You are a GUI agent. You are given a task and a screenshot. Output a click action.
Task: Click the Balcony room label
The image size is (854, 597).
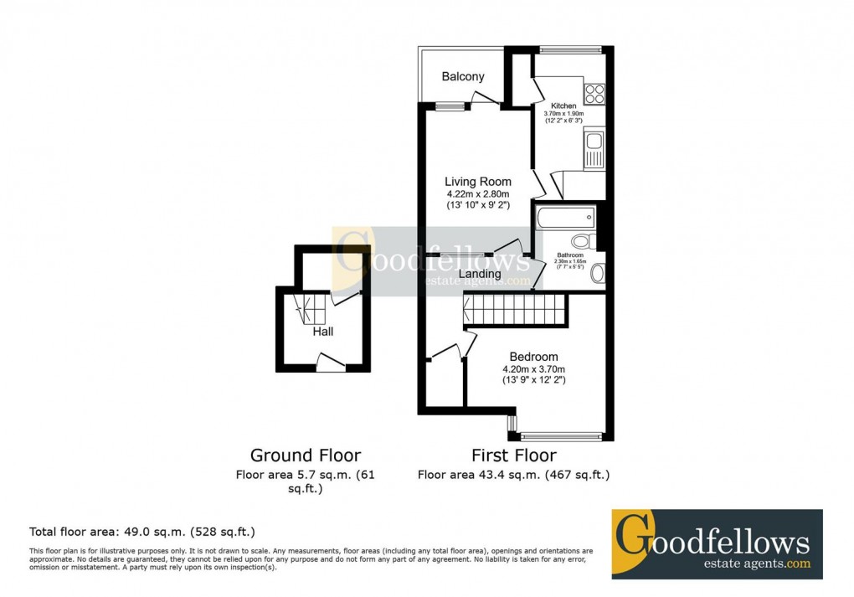pyautogui.click(x=463, y=77)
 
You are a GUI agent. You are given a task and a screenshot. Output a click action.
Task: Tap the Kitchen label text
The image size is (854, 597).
pyautogui.click(x=563, y=106)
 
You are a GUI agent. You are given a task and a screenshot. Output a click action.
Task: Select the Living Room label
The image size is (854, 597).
pyautogui.click(x=477, y=182)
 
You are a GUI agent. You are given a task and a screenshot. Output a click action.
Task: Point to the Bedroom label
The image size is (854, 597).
pyautogui.click(x=533, y=357)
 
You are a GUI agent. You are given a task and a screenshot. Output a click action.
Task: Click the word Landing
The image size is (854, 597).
pyautogui.click(x=480, y=274)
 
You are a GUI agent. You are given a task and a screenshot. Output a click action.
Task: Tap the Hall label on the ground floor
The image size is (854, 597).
pyautogui.click(x=323, y=332)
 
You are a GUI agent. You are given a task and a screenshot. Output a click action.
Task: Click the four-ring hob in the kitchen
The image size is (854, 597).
pyautogui.click(x=594, y=93)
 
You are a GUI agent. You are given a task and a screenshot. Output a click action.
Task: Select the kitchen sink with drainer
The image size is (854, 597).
pyautogui.click(x=594, y=150)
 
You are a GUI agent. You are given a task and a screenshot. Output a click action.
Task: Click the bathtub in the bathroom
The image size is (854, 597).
pyautogui.click(x=566, y=219)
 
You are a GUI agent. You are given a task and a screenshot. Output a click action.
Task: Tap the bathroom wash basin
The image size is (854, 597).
pyautogui.click(x=596, y=273)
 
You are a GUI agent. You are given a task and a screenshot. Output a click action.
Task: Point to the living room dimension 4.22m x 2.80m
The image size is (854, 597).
pyautogui.click(x=477, y=194)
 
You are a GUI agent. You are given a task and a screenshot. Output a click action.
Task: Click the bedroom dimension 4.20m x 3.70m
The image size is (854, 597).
pyautogui.click(x=533, y=369)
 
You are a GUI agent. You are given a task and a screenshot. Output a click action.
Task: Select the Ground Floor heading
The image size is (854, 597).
pyautogui.click(x=306, y=455)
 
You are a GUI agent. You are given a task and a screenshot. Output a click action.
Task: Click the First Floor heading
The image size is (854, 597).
pyautogui.click(x=514, y=455)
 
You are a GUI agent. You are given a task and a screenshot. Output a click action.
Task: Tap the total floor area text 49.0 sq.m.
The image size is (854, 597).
pyautogui.click(x=142, y=532)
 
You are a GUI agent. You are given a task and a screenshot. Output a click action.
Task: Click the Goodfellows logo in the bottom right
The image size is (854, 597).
pyautogui.click(x=717, y=543)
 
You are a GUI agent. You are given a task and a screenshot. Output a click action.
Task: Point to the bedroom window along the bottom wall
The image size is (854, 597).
pyautogui.click(x=561, y=435)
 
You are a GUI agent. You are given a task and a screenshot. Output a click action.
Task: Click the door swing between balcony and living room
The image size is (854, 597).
pyautogui.click(x=481, y=100)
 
